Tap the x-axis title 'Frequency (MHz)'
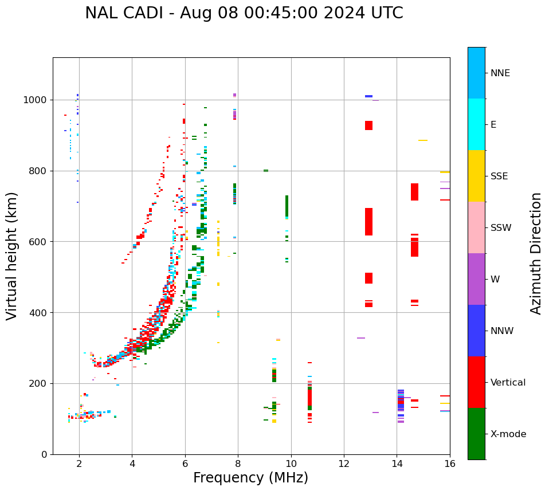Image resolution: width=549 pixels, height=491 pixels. (x=250, y=478)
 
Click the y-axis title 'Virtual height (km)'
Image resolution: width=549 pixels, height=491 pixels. (x=12, y=256)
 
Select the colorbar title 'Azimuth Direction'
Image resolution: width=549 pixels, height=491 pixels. (x=536, y=253)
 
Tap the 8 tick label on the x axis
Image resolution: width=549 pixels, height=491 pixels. (x=238, y=463)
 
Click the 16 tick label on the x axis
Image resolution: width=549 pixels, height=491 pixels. (x=450, y=463)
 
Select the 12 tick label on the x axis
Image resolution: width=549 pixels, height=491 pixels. (x=344, y=463)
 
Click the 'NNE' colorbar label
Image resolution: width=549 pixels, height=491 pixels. (x=500, y=73)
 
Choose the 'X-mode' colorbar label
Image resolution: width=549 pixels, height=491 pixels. (x=508, y=434)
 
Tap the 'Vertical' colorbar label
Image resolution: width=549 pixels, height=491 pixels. (x=508, y=383)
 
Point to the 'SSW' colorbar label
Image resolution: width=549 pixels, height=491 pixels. (x=501, y=228)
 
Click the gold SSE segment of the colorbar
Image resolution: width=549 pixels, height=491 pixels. (x=476, y=176)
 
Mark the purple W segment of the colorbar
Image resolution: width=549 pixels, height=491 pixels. (x=476, y=279)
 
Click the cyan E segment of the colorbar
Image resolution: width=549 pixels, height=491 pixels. (x=476, y=124)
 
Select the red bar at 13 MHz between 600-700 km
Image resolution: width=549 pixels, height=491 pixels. (x=368, y=222)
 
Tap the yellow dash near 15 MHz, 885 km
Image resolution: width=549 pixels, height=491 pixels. (x=422, y=140)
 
